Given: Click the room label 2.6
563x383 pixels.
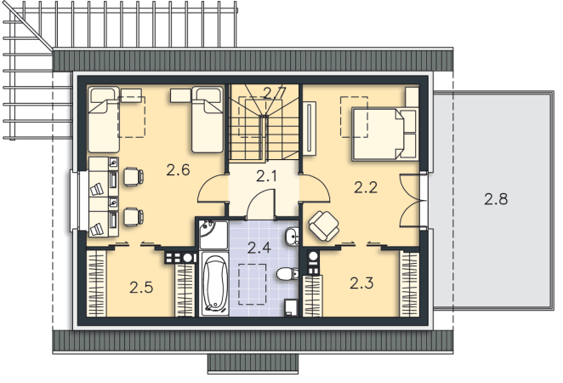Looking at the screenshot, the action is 178,169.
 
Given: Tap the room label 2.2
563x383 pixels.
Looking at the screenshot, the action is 366,187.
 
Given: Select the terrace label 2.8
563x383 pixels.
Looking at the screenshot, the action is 496,198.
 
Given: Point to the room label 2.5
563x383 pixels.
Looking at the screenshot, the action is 141,288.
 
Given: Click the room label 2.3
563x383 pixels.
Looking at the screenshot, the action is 361,283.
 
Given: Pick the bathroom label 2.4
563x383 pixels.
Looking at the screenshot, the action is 259,248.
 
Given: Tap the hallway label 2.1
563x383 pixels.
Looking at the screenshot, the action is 267,176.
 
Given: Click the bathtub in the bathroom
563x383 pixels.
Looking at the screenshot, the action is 214,283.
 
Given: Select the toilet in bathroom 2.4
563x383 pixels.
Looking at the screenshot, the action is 287,274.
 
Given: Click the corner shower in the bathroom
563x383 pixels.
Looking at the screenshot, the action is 213,235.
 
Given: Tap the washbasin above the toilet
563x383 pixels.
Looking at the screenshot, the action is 292,237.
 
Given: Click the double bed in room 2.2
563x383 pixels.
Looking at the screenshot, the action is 384,134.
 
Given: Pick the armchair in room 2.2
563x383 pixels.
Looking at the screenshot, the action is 324,226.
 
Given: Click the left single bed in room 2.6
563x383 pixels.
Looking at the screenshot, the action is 104,120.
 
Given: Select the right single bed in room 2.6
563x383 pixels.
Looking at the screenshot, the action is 208,120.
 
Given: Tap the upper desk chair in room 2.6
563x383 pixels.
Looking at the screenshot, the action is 134,176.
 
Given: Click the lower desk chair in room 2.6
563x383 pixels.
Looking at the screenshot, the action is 134,217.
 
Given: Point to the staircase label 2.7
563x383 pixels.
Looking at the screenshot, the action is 275,93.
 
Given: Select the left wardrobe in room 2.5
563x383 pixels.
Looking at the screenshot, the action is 97,283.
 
